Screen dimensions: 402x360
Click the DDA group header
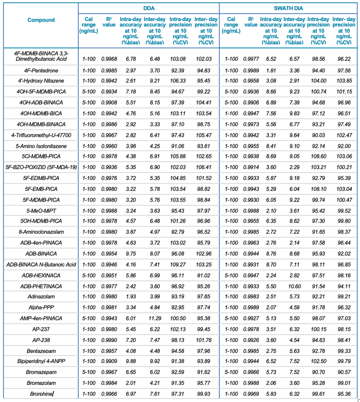click(x=149, y=8)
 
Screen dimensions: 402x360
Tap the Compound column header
click(x=41, y=20)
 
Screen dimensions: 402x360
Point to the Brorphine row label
click(x=41, y=393)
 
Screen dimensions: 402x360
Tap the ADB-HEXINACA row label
click(x=41, y=275)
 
